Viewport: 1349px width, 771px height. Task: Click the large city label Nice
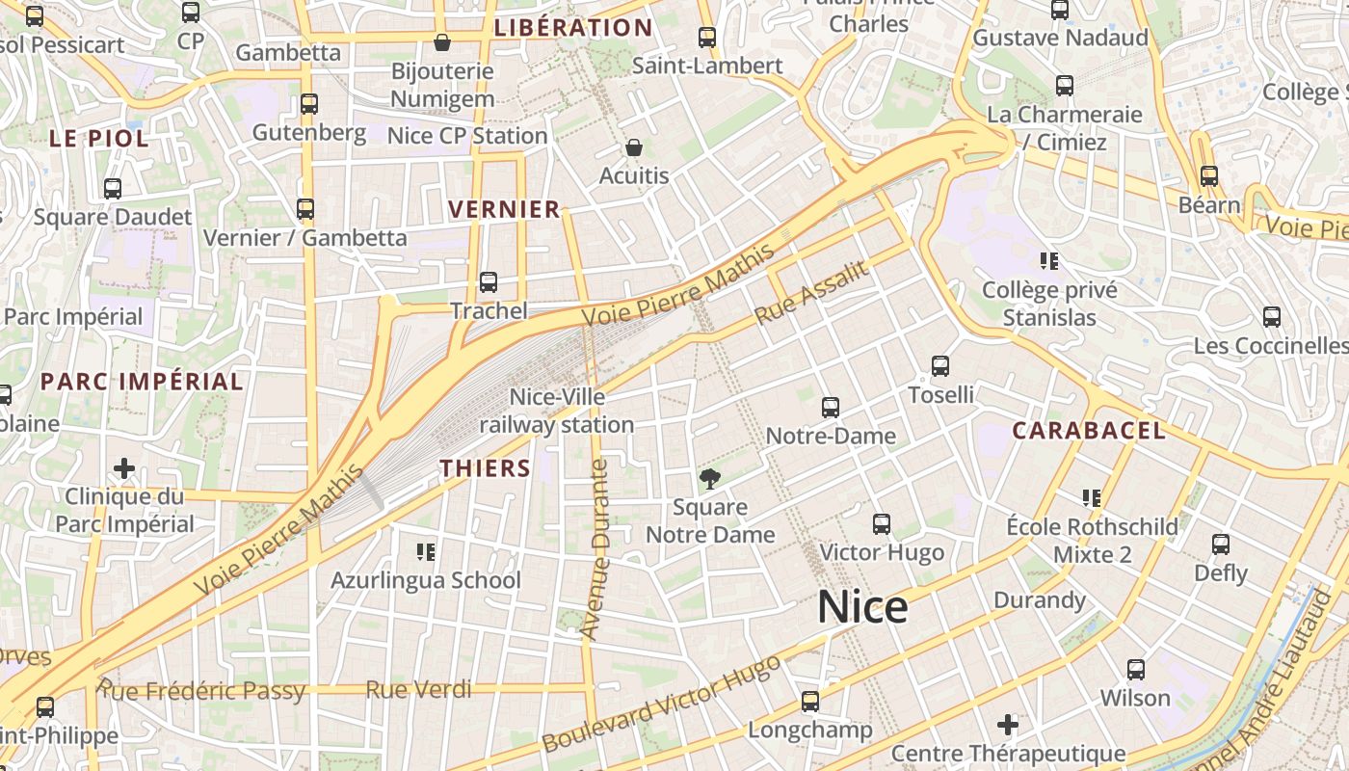(862, 607)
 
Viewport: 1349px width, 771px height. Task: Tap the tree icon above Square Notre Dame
(710, 478)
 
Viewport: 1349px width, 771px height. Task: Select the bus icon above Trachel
(489, 282)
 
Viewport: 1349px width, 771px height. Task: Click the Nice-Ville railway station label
(557, 411)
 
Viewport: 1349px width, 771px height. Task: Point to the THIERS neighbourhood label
(486, 468)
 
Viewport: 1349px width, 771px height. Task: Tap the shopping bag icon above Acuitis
(634, 147)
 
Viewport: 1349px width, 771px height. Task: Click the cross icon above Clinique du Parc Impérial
(124, 469)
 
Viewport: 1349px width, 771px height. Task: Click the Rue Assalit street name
(811, 292)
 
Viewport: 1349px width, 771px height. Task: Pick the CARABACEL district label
(1089, 431)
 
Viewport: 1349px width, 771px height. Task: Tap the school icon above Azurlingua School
(426, 551)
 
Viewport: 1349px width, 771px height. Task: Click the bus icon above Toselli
(940, 366)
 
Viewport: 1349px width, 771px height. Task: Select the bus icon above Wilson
(1136, 670)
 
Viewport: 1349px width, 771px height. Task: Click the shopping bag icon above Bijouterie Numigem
(442, 42)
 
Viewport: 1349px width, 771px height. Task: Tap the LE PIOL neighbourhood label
(99, 139)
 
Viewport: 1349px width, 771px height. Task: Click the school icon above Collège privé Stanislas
(1049, 260)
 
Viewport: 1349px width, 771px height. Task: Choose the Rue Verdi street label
(419, 689)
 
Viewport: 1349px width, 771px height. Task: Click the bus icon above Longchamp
(810, 701)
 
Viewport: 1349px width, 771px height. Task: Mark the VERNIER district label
(504, 209)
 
